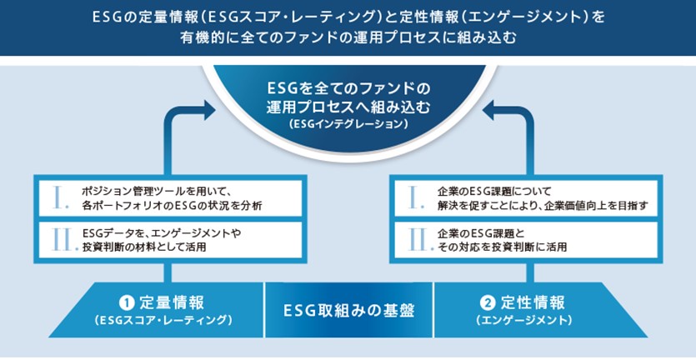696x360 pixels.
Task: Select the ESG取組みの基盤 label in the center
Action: [x=348, y=310]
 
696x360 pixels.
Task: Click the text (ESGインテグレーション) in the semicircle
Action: [x=348, y=124]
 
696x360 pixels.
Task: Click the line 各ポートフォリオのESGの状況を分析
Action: [x=173, y=206]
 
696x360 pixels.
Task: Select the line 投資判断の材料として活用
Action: [x=144, y=247]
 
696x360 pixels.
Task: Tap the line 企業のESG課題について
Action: [x=494, y=192]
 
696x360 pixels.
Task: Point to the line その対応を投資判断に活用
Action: [x=502, y=247]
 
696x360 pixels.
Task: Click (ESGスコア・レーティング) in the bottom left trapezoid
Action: [x=163, y=320]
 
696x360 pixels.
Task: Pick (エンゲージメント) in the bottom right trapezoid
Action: [x=524, y=320]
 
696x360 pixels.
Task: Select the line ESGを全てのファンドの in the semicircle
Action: [x=348, y=89]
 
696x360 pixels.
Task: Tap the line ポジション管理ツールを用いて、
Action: [x=155, y=192]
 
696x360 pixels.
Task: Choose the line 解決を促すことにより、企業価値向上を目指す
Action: [x=543, y=206]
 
